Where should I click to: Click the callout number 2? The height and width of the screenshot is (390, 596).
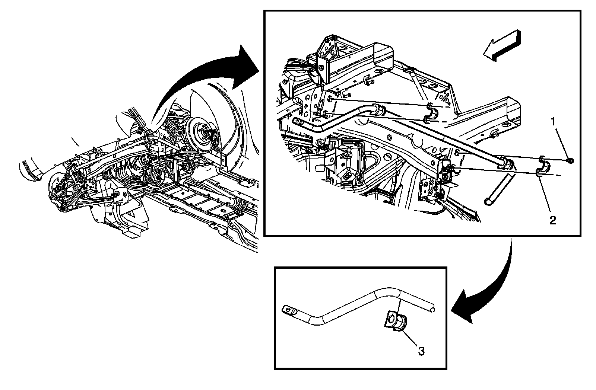click(553, 221)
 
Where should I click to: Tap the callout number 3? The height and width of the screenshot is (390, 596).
click(421, 351)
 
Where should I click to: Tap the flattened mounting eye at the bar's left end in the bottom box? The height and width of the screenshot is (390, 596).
click(288, 309)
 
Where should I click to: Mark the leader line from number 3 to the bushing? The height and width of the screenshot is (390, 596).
click(410, 337)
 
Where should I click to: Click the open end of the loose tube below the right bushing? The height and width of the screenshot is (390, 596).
click(488, 201)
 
